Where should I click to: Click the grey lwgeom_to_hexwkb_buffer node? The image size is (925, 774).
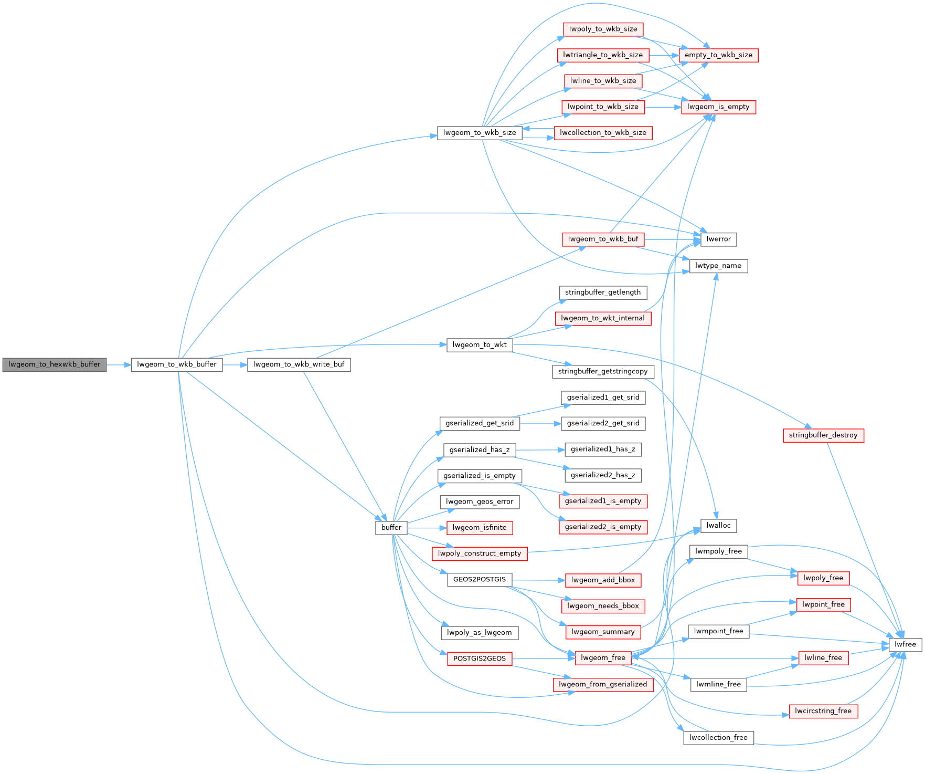55,364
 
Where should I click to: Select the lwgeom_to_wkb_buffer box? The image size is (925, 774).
177,364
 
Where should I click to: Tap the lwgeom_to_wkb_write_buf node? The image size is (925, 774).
299,364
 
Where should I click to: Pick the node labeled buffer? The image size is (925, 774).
391,528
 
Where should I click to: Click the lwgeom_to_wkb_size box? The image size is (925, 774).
480,133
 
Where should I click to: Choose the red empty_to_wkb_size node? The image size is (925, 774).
718,55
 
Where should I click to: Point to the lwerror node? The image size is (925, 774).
719,239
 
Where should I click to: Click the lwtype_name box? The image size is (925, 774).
718,266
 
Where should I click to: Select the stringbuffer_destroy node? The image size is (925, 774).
823,435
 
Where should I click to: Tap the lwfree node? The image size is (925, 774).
905,645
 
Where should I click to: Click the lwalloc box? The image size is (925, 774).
719,526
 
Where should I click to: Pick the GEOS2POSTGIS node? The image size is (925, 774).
480,580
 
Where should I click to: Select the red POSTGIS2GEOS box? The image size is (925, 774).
480,658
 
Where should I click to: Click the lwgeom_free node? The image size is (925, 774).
603,658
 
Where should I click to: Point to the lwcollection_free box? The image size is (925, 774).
719,738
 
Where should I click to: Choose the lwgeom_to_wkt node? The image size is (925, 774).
480,345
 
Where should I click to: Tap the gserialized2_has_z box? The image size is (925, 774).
603,475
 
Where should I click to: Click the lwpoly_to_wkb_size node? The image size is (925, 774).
603,29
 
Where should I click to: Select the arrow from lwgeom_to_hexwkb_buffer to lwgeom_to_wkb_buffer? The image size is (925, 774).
119,364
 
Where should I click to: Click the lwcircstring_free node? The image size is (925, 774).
823,711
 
